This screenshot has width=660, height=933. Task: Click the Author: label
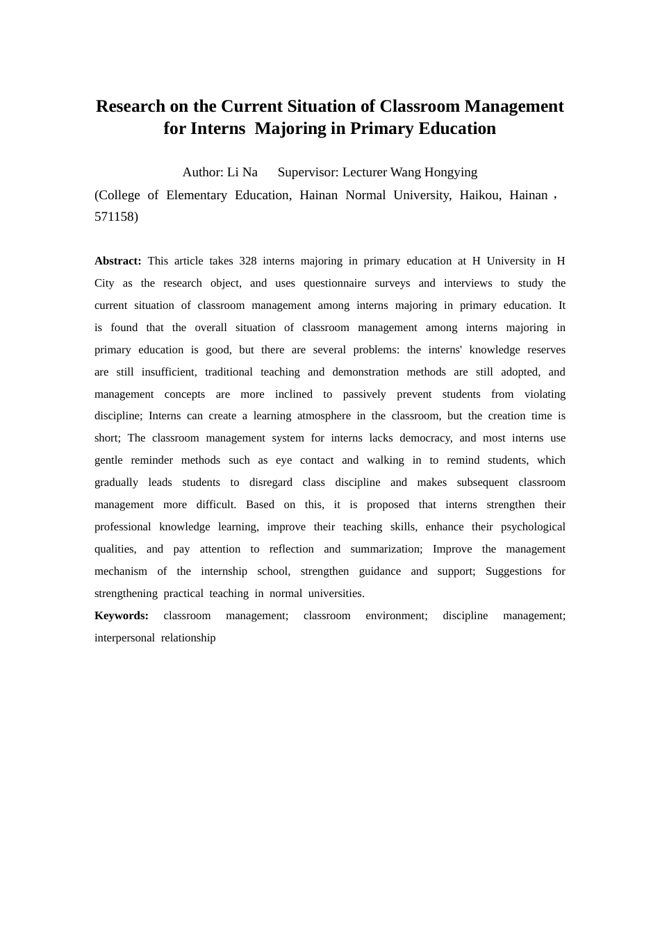(x=203, y=172)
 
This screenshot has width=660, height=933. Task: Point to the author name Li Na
(x=242, y=172)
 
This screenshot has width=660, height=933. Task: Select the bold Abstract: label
(x=118, y=261)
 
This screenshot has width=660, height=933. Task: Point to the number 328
(x=248, y=261)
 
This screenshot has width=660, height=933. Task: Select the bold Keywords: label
(x=122, y=616)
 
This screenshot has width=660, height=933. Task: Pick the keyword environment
(x=397, y=616)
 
